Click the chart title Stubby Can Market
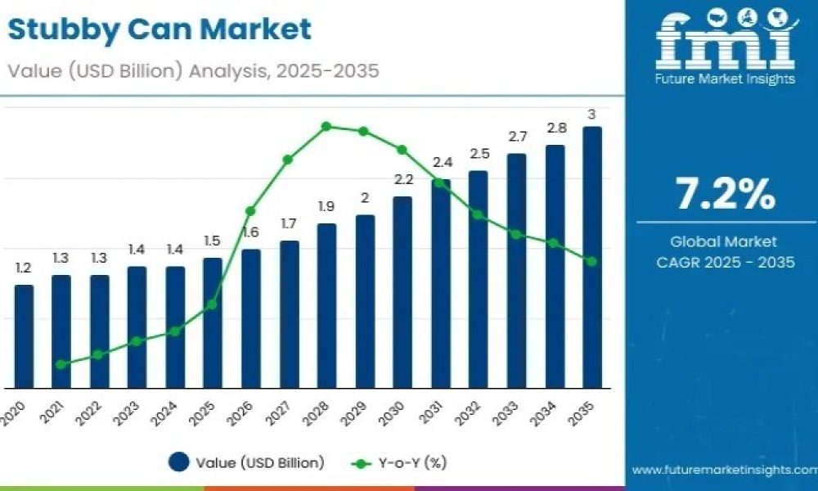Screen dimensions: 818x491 click(x=160, y=29)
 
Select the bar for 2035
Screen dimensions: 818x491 click(x=592, y=257)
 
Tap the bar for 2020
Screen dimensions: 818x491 click(x=24, y=336)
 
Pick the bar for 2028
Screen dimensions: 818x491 click(x=326, y=306)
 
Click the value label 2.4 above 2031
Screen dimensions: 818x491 click(x=443, y=162)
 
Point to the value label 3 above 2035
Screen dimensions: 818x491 click(x=591, y=114)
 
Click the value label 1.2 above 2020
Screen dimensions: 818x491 click(x=24, y=268)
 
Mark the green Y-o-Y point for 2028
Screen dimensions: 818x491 click(x=326, y=126)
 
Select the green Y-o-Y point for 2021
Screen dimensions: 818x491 click(x=61, y=364)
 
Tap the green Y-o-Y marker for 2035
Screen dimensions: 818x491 click(x=591, y=261)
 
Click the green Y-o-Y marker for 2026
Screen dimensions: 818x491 click(x=250, y=211)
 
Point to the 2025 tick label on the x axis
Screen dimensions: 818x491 click(x=203, y=414)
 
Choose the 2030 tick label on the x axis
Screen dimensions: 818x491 click(x=393, y=414)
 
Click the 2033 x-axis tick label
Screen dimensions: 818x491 click(x=507, y=414)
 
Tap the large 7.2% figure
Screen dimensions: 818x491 click(x=725, y=194)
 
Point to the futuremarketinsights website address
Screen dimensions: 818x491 click(x=725, y=470)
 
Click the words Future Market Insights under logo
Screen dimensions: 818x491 click(x=725, y=79)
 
